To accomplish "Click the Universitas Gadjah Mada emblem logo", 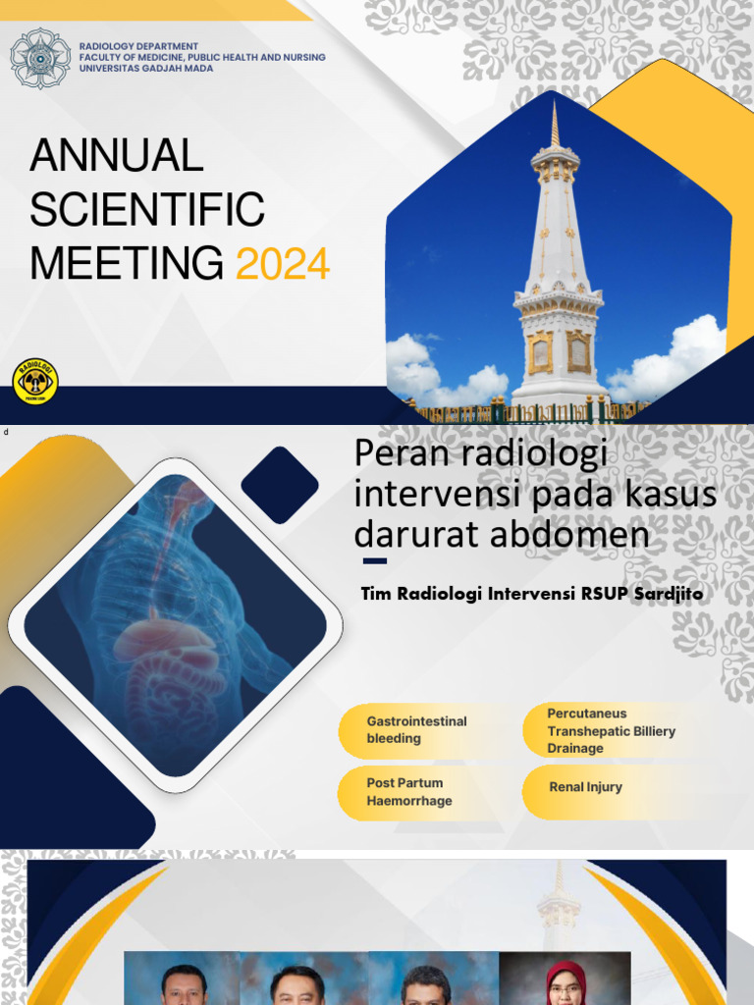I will [x=40, y=59].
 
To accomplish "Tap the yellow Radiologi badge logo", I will [x=35, y=381].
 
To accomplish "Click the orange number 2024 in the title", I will [x=283, y=264].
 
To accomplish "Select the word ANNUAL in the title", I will [x=117, y=156].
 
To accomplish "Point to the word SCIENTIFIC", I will [x=148, y=210].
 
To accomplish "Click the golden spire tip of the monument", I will [x=555, y=123].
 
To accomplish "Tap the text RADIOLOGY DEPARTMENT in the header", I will [x=138, y=46].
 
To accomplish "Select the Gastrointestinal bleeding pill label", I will [x=416, y=729].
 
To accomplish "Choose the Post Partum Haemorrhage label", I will [x=409, y=792].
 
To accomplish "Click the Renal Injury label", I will [x=586, y=787].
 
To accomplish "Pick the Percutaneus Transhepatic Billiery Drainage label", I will [x=611, y=730].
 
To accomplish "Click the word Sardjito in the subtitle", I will [x=667, y=594].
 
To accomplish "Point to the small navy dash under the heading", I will [x=374, y=561].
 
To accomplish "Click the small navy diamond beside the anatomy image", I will [x=280, y=485].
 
